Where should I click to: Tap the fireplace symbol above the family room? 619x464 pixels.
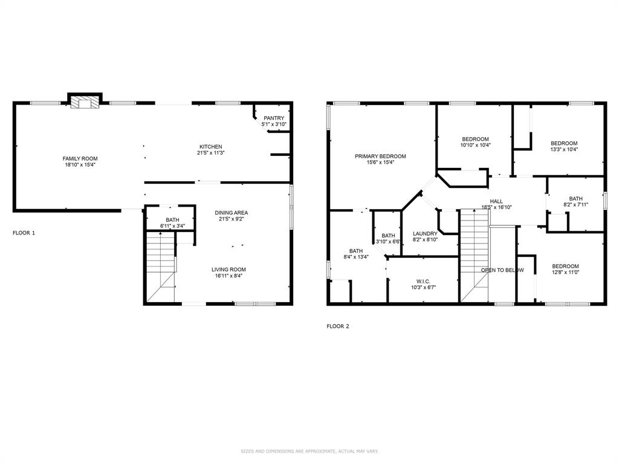85,102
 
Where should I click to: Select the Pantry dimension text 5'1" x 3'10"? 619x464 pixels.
273,124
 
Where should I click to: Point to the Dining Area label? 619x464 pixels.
232,213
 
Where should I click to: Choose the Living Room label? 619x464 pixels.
228,269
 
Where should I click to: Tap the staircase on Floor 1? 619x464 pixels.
161,266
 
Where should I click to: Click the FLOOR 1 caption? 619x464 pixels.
24,233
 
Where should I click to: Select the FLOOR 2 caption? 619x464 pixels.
338,326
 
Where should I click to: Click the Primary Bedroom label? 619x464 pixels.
380,156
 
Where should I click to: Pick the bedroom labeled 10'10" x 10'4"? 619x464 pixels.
475,142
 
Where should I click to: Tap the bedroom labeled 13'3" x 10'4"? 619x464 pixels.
563,146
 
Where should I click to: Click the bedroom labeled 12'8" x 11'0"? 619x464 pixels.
565,269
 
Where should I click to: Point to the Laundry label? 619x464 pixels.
425,234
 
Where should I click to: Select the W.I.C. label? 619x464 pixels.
423,282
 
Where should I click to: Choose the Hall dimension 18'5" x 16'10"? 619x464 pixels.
496,207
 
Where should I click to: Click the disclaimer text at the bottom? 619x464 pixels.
309,451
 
